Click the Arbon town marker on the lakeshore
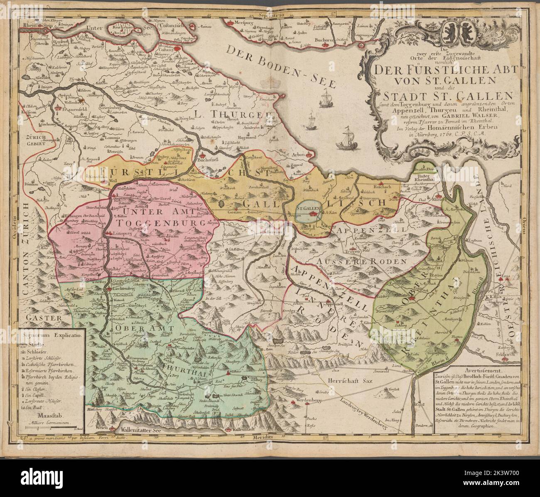[x=308, y=156]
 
